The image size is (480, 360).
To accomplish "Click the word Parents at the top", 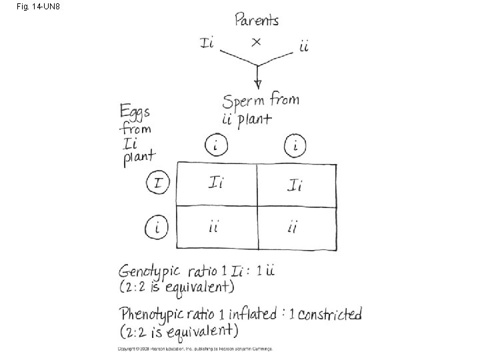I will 257,19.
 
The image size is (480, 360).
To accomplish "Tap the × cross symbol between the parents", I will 255,42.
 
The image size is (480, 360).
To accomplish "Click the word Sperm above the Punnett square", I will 245,103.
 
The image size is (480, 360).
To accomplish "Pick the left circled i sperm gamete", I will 216,145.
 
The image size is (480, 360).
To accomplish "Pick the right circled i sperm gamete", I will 295,145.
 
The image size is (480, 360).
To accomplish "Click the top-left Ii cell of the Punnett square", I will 215,183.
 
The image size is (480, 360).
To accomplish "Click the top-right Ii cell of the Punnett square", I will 295,185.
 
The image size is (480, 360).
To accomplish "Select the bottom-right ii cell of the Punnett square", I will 293,228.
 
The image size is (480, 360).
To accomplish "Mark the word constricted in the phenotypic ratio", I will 329,313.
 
